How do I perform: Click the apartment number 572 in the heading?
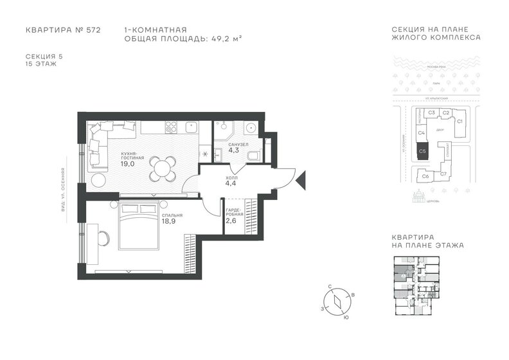tap(91, 30)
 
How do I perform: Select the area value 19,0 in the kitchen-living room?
tap(127, 164)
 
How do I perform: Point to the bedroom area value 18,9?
tap(169, 221)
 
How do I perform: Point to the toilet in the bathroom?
tap(253, 155)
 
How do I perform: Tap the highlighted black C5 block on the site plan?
tap(422, 152)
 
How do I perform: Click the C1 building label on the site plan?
tap(460, 120)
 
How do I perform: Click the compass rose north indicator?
tap(330, 289)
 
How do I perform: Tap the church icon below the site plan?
tap(418, 196)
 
